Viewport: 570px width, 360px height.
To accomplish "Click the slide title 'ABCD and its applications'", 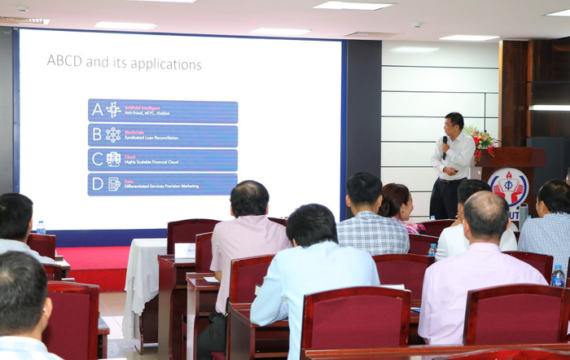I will pos(124,62).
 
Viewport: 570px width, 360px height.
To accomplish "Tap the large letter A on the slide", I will pos(97,110).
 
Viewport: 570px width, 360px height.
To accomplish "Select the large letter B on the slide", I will pos(97,134).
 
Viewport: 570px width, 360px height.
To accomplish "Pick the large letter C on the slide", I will pos(97,159).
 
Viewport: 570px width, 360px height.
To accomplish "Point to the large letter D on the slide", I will pos(97,183).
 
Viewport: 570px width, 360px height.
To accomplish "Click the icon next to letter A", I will pos(113,110).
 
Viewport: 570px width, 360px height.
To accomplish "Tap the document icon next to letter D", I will pos(114,184).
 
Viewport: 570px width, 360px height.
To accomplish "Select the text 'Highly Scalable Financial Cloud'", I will pos(154,162).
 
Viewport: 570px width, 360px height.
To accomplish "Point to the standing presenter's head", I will pos(454,122).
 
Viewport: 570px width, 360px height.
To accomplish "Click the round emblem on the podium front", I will pos(507,187).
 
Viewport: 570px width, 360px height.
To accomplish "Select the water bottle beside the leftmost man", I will pos(41,227).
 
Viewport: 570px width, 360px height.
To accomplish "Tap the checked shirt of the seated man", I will pos(373,234).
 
